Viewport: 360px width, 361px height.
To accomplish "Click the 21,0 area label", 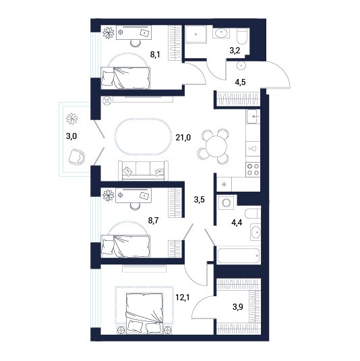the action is coord(183,138).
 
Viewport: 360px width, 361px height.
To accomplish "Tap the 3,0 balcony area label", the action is coord(71,136).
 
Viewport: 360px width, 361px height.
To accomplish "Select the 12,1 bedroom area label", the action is coord(183,298).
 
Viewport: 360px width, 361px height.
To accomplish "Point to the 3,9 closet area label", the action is coord(237,306).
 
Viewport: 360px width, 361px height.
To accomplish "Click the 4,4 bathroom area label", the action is coord(237,223).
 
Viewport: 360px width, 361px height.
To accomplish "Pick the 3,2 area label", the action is coord(235,51).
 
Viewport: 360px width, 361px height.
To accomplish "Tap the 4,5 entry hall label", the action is coord(240,82).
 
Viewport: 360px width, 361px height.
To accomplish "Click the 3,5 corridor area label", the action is coord(199,200).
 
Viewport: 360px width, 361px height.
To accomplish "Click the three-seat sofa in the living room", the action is coord(143,171).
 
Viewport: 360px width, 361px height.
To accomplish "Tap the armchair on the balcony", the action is coord(77,157).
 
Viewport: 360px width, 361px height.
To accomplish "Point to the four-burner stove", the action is coord(253,169).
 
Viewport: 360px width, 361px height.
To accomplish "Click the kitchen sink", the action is coord(253,116).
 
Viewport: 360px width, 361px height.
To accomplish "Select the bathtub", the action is coord(239,256).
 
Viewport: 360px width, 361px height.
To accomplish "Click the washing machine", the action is coord(227,203).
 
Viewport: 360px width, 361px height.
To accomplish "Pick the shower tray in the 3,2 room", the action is coord(196,34).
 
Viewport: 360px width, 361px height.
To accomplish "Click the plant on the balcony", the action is coord(71,119).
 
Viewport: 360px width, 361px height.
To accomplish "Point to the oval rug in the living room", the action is coord(144,137).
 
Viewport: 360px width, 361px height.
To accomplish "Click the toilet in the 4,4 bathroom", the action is coord(253,213).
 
